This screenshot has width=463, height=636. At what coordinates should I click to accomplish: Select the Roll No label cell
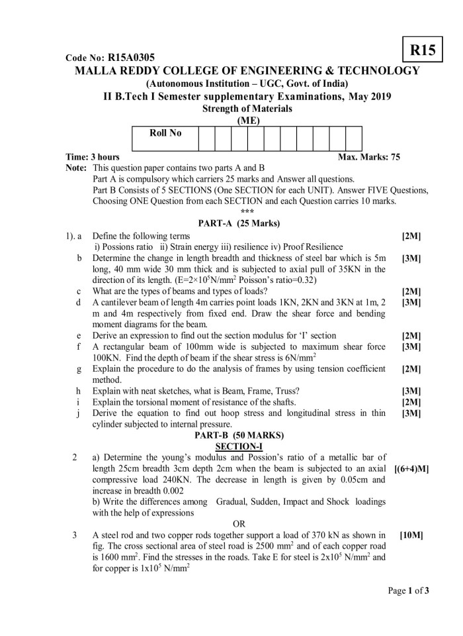coord(165,133)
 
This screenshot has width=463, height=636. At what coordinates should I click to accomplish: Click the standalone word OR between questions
coord(239,524)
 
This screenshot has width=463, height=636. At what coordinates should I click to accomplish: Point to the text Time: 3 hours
coord(93,157)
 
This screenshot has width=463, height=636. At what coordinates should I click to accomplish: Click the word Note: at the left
coord(77,168)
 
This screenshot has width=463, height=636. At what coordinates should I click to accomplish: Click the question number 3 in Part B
coord(75,535)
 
